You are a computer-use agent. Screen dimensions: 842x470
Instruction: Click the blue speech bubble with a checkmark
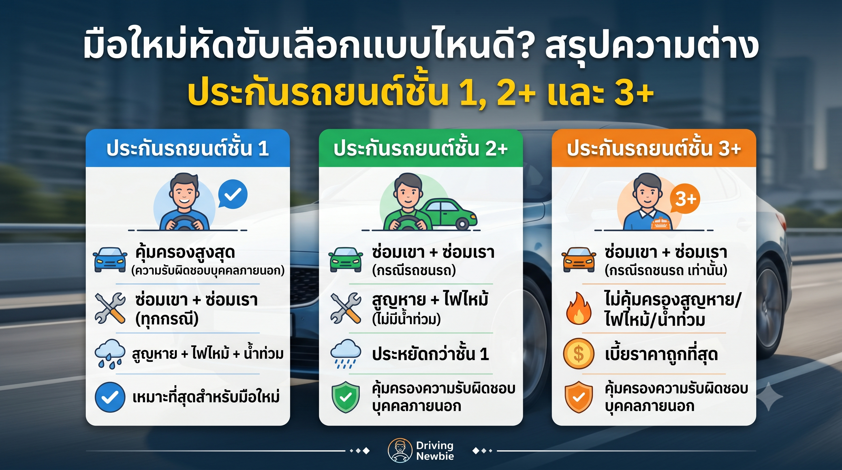click(233, 195)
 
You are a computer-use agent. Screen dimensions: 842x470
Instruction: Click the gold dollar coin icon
click(579, 354)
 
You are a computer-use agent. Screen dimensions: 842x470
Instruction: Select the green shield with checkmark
click(345, 397)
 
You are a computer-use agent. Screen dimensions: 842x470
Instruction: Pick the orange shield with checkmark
click(579, 397)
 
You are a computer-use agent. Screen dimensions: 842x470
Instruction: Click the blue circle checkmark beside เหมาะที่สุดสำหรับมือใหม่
click(110, 397)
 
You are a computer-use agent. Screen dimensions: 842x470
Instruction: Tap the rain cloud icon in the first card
click(110, 354)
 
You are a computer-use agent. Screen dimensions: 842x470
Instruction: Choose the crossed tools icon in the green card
click(345, 308)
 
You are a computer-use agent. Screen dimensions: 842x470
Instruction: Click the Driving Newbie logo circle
click(400, 451)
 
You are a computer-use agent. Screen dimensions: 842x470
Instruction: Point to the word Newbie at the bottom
click(435, 456)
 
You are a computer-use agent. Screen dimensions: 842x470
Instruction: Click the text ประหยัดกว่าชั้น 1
click(430, 354)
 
